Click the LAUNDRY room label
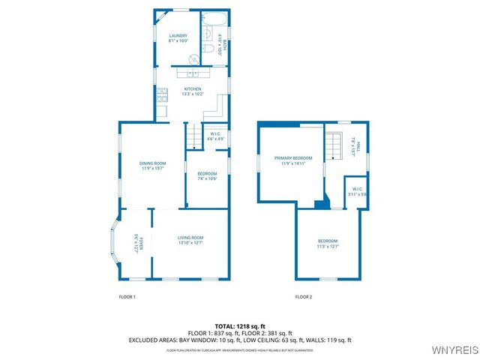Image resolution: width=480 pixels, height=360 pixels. (178, 36)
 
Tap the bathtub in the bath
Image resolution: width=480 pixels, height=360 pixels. (213, 19)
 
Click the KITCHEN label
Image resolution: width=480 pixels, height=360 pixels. (193, 88)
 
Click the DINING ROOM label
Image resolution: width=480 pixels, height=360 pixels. (152, 163)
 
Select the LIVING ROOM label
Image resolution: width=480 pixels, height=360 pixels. (190, 238)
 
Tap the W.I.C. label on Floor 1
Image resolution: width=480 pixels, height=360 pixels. (214, 133)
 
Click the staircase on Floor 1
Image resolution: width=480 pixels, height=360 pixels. (194, 136)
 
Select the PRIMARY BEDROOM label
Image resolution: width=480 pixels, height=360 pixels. (292, 157)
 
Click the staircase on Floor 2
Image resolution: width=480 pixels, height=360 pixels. (333, 146)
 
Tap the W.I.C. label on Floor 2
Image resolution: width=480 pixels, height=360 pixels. (357, 189)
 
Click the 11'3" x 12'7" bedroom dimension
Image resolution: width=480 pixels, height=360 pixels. (328, 246)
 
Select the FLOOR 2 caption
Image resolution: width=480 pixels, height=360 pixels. (303, 297)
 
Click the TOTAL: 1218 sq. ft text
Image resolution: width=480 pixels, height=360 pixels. (239, 326)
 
